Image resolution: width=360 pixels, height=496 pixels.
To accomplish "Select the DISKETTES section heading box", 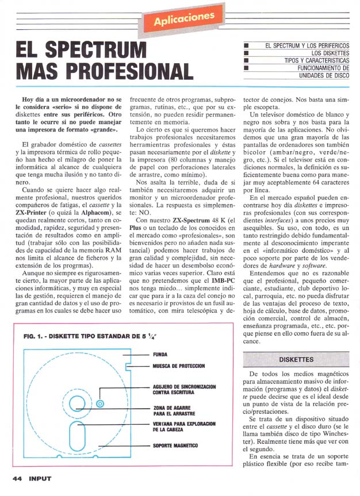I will click(x=296, y=359).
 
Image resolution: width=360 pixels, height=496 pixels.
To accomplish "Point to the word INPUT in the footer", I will click(x=41, y=478).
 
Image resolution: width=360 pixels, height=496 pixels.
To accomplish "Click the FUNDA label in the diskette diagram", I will click(x=160, y=355).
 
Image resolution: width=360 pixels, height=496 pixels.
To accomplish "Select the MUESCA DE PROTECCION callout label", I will click(x=178, y=366).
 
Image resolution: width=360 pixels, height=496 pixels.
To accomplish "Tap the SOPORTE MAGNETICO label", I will click(x=175, y=445).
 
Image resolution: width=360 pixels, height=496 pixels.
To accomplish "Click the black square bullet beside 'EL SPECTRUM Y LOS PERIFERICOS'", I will click(x=246, y=45).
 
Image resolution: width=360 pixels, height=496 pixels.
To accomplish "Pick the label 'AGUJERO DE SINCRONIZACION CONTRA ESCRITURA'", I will click(x=183, y=390).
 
